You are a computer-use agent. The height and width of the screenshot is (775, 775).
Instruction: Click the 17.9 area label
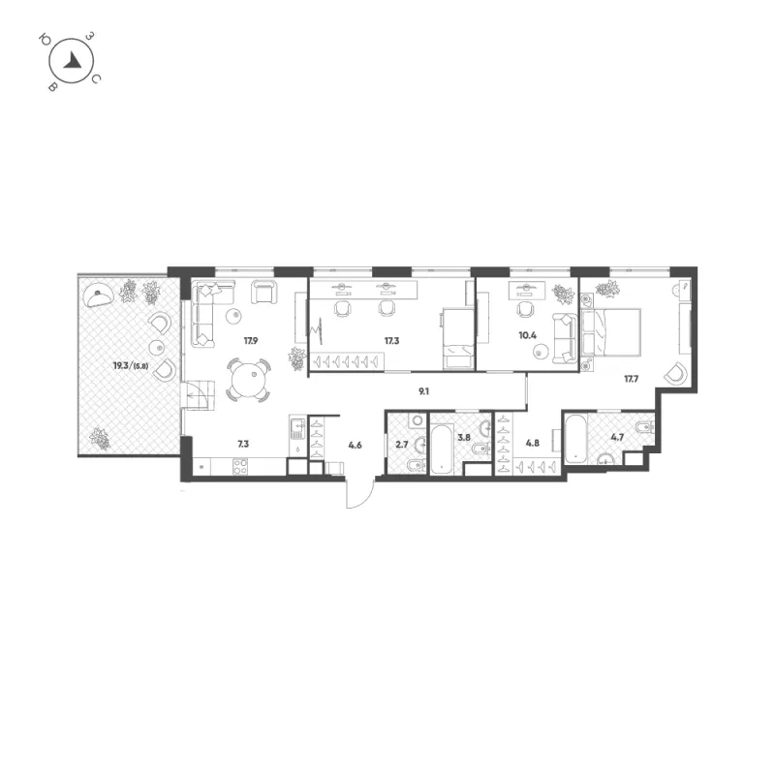click(x=251, y=341)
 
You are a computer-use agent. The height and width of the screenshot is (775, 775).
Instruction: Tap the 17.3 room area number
click(x=391, y=341)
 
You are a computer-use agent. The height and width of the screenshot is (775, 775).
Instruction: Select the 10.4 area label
click(x=527, y=335)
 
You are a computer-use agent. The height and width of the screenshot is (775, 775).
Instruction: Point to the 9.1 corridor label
click(x=423, y=391)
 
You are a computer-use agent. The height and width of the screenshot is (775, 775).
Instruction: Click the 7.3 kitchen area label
click(x=243, y=444)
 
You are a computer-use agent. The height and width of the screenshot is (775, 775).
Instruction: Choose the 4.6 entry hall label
click(x=355, y=445)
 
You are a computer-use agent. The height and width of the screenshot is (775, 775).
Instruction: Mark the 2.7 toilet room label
click(x=402, y=445)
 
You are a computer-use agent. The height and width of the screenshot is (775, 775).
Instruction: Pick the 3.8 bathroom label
click(x=464, y=438)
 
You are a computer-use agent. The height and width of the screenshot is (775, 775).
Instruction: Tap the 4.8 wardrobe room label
click(x=532, y=443)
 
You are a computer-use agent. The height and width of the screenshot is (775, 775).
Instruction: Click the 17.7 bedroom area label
click(x=632, y=379)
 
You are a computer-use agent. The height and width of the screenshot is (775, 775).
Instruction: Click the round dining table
click(x=249, y=380)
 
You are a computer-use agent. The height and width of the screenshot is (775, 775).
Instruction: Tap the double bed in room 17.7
click(x=611, y=332)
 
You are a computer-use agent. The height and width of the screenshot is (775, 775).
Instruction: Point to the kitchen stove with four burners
click(x=240, y=467)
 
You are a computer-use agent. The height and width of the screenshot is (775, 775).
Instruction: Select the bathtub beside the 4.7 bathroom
click(x=575, y=439)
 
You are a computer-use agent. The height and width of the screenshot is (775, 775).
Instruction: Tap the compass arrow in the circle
click(x=73, y=60)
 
